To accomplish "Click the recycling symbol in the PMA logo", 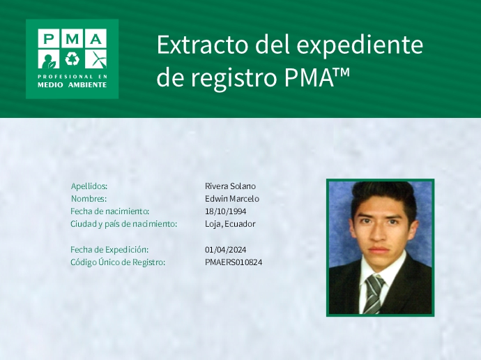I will [72, 58].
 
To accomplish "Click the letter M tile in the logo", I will [72, 38].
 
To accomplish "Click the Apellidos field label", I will [89, 186].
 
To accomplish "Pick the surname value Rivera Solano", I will [230, 186].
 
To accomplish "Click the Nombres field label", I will [88, 199].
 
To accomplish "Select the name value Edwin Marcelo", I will [232, 199].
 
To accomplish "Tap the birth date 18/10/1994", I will [225, 211].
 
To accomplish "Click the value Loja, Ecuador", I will [230, 224].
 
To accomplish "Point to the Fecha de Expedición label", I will [109, 250].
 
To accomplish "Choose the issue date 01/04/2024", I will [225, 250].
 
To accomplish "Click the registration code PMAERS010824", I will [234, 262].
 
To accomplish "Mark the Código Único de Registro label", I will [118, 262].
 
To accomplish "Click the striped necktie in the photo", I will [374, 292].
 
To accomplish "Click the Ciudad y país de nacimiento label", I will [123, 224].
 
